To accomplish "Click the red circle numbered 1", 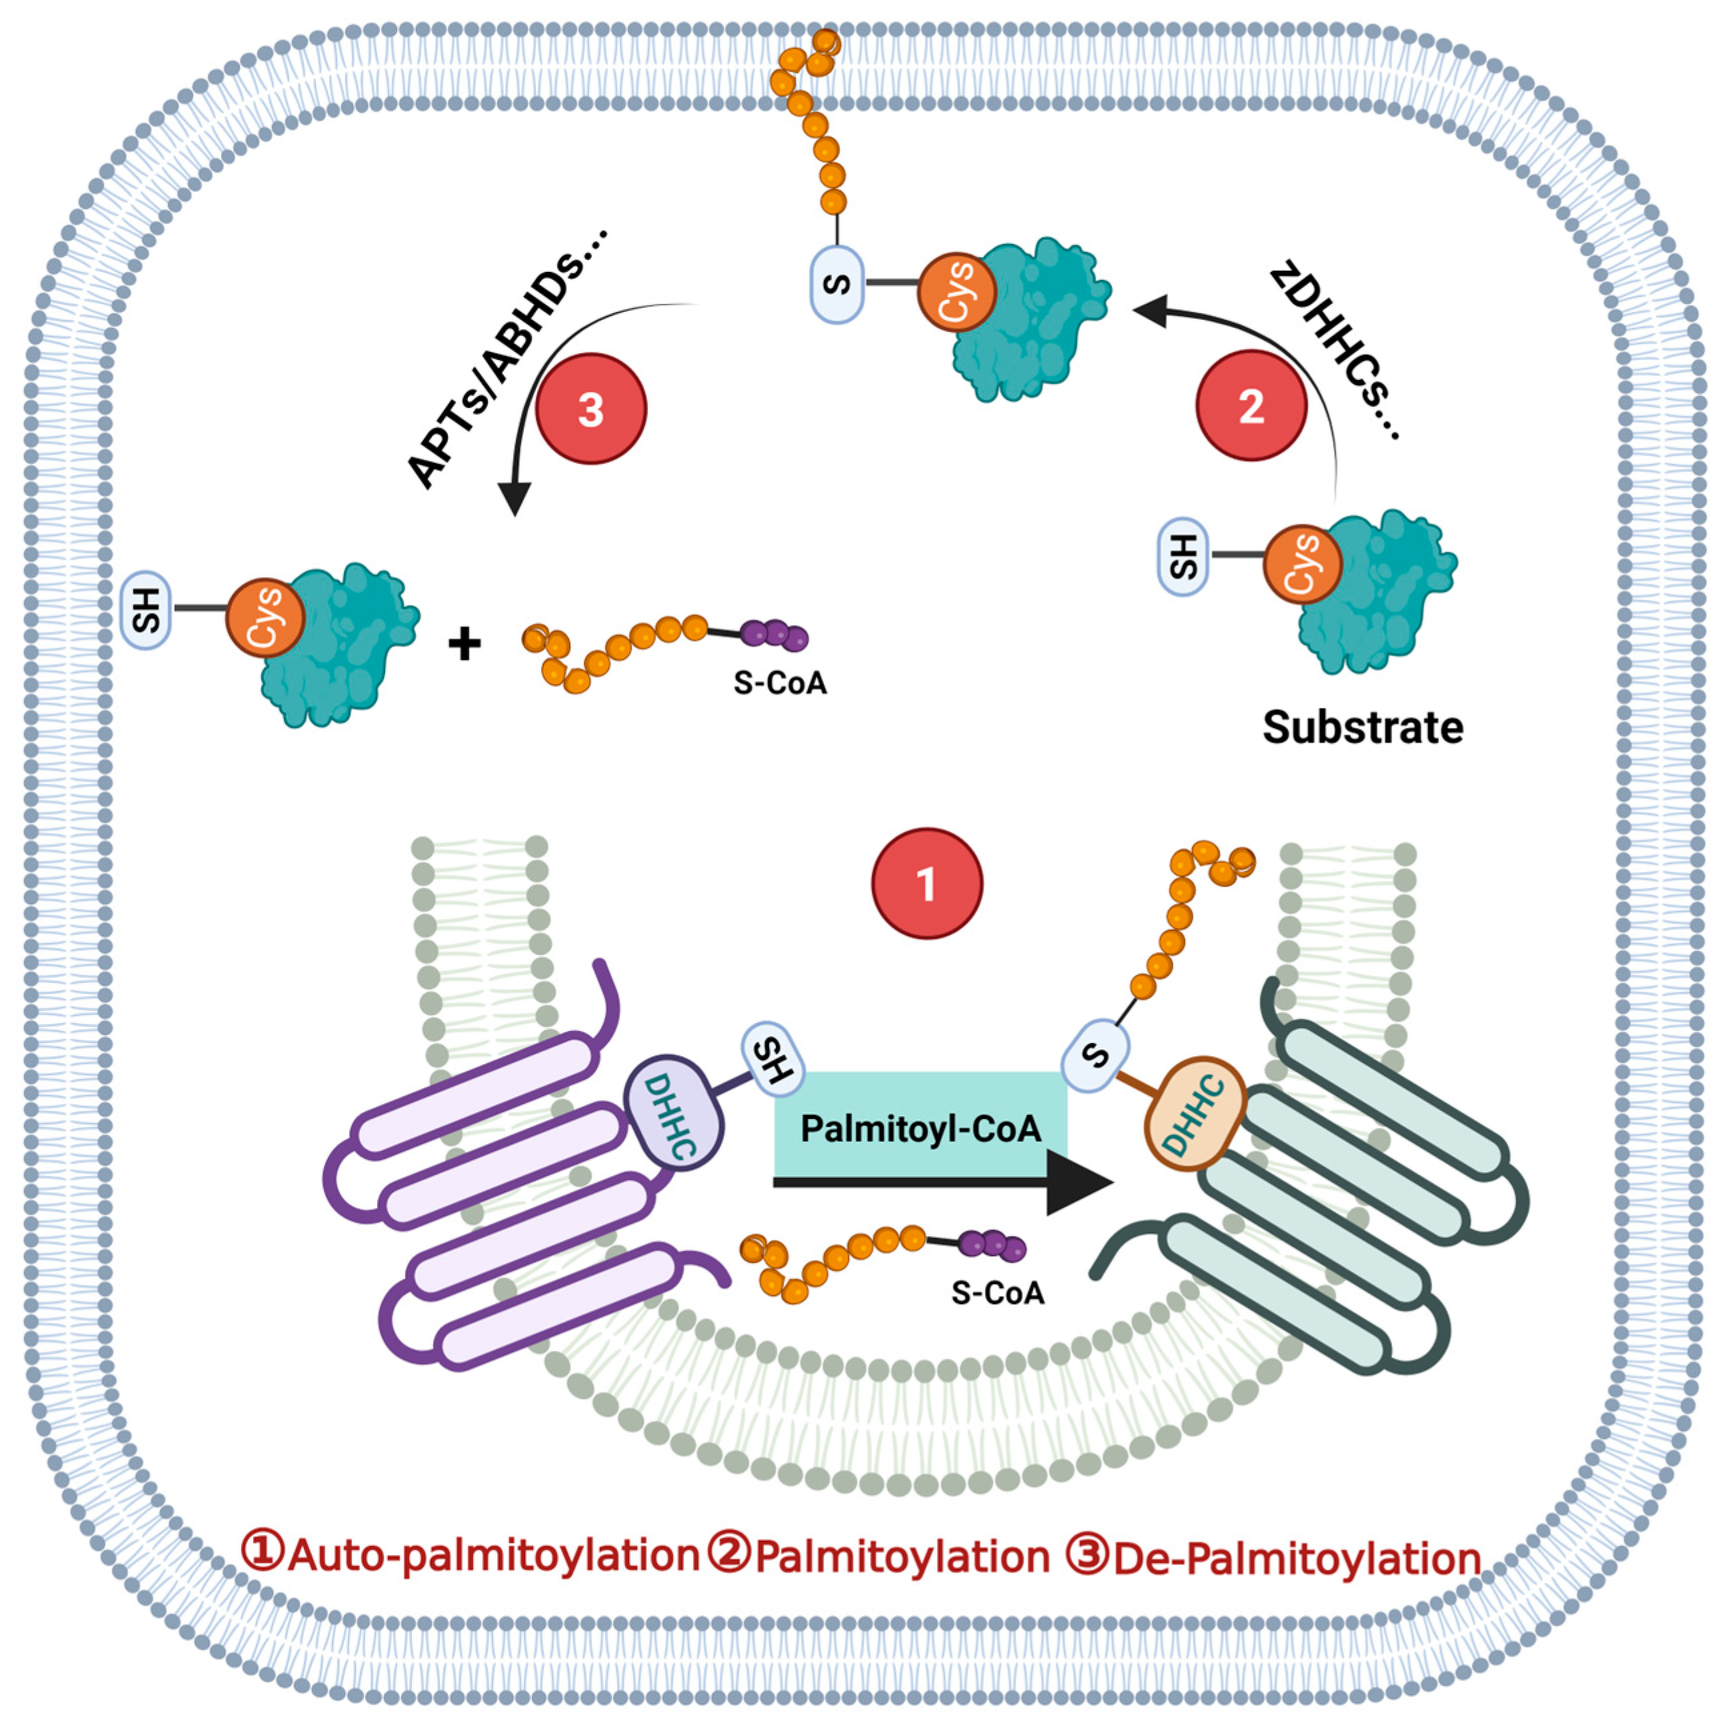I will (x=926, y=883).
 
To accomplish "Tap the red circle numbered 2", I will (x=1251, y=405).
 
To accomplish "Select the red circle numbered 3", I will (x=590, y=409).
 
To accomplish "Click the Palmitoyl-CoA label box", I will (x=920, y=1128).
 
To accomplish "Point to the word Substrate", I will (x=1362, y=727).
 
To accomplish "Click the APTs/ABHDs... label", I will (x=507, y=358).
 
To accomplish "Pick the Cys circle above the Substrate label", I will (x=1302, y=564).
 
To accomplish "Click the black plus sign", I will (x=464, y=643).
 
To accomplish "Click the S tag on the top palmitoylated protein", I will (x=837, y=285).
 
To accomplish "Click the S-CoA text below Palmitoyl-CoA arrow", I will (x=997, y=1292).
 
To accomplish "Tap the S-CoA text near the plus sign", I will (x=780, y=682).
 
